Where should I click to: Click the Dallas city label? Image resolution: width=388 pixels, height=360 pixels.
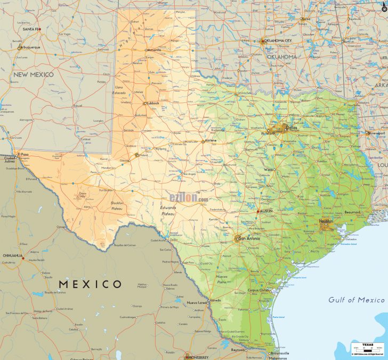coord(291,128)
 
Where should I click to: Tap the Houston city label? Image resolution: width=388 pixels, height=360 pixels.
coord(326,221)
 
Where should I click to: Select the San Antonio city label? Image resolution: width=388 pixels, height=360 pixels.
coord(249,238)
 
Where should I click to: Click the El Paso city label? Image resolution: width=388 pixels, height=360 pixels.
coord(23,154)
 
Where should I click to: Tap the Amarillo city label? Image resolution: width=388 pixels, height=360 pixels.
coord(154,50)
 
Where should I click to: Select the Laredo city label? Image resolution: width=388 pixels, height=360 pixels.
coord(215,300)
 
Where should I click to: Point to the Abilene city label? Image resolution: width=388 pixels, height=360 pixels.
coord(211,141)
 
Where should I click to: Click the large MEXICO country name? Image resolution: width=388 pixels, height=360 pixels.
coord(90,284)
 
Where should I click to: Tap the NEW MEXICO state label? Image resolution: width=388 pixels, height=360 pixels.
coord(34,75)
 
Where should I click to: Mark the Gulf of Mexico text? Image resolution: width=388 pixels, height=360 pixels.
coord(356,300)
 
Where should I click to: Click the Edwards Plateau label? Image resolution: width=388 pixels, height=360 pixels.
coord(168,210)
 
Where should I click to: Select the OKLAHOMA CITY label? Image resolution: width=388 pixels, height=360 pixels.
coord(279,41)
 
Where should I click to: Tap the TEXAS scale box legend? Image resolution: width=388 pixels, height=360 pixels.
coord(367,349)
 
